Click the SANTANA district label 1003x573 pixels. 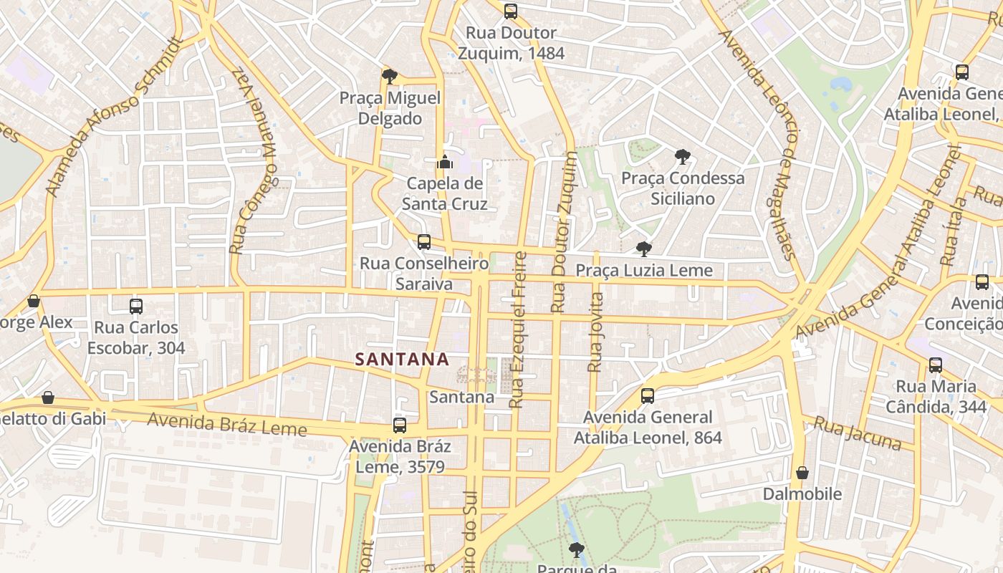point(402,359)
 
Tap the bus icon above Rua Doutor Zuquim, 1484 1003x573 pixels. point(510,11)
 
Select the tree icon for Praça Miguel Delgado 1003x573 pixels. point(390,76)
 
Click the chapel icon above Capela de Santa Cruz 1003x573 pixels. point(444,162)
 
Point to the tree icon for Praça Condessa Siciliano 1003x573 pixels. point(683,156)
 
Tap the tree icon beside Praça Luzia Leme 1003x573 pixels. point(644,249)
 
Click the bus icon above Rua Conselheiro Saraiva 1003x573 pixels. point(424,242)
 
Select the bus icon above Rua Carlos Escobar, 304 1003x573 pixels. point(136,307)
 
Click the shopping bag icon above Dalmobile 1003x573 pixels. point(802,473)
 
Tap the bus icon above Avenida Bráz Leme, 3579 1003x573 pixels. point(400,425)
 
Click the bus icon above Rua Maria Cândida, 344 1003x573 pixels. point(936,365)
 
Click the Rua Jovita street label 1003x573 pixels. point(595,332)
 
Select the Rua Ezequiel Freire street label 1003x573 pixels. point(517,329)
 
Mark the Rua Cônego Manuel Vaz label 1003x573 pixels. point(253,161)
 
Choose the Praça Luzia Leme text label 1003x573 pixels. point(645,270)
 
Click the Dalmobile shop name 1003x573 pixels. point(802,493)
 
